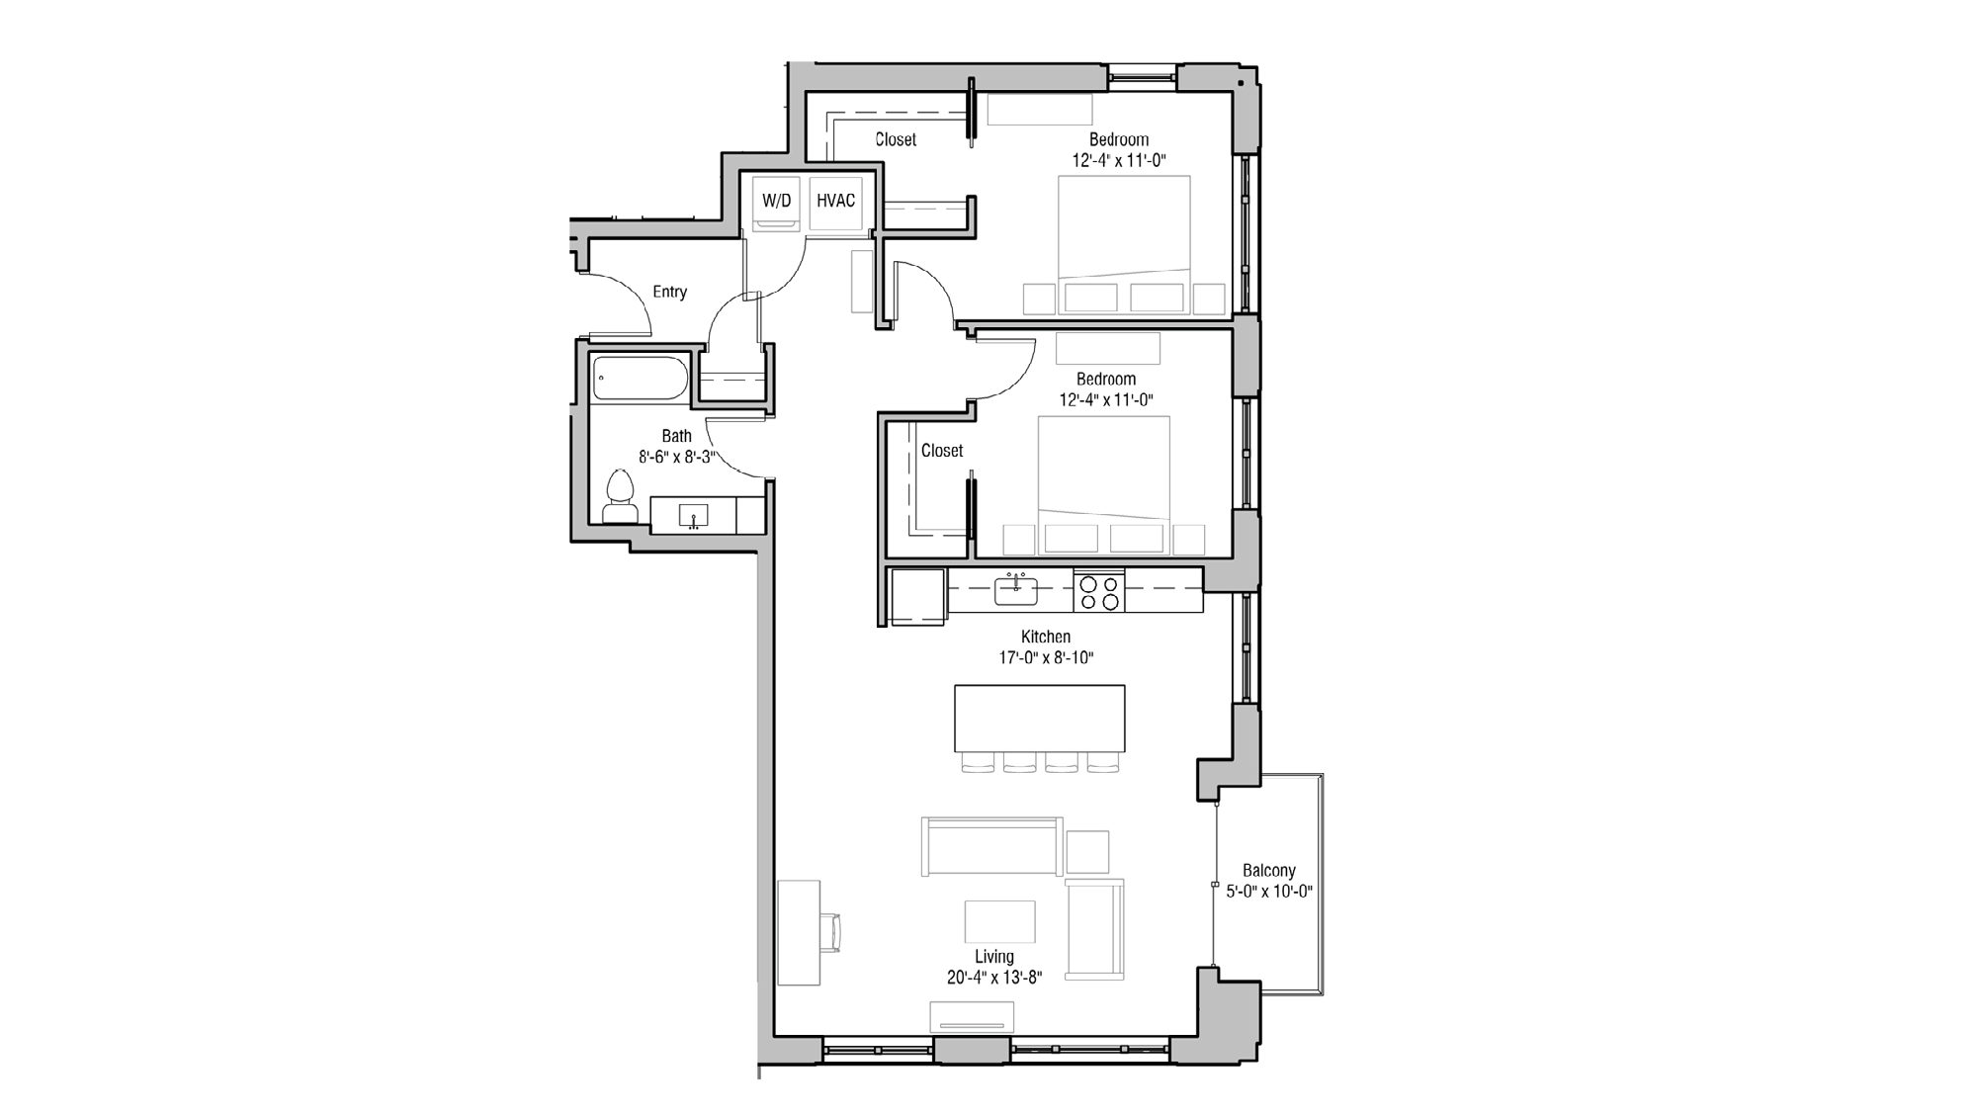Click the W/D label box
coord(776,201)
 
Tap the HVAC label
coord(835,201)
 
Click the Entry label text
coord(669,292)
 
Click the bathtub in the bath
coord(641,379)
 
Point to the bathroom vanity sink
coord(693,516)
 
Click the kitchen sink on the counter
coord(1015,591)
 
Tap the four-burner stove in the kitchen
coord(1099,591)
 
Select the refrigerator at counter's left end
coord(918,596)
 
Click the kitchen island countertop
coord(1039,719)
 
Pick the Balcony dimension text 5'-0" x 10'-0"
coord(1268,892)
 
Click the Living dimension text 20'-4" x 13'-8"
coord(993,978)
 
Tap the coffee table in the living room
coord(999,921)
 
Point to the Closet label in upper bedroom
coord(896,140)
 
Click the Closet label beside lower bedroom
coord(941,451)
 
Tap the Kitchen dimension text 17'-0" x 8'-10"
coord(1046,657)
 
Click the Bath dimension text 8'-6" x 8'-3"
coord(677,458)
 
